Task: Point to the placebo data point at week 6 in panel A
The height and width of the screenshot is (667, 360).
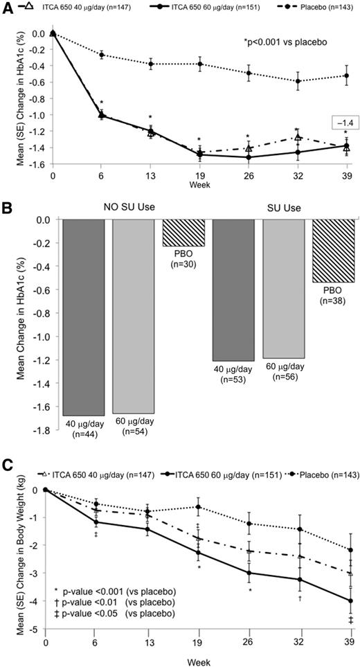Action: pos(102,55)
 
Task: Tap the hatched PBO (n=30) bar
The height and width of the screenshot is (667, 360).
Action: pos(183,233)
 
